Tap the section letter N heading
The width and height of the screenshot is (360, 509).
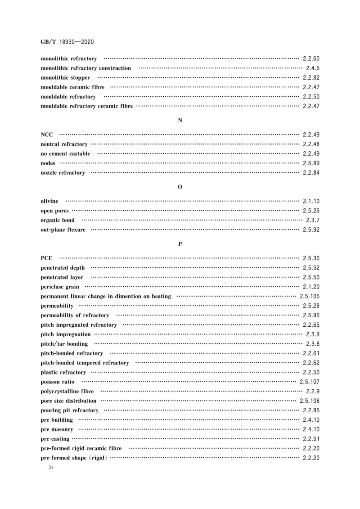(180, 120)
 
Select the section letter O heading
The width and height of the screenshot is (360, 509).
(180, 187)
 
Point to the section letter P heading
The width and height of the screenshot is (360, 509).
(180, 243)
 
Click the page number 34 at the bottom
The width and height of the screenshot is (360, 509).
(50, 468)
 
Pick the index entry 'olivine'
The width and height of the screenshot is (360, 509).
(49, 201)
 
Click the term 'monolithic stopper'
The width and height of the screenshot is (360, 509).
(65, 78)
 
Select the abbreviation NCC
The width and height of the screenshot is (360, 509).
(47, 135)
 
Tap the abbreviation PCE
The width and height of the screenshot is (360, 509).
(46, 258)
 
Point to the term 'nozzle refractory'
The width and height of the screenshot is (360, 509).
(63, 173)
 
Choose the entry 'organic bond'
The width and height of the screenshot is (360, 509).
(58, 221)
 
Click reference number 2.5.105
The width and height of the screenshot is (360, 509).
(310, 296)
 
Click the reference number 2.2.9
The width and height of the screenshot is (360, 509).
(313, 391)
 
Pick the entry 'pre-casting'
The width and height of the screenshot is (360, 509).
(55, 439)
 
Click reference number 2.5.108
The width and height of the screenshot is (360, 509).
(310, 401)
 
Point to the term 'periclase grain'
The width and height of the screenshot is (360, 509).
(60, 287)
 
